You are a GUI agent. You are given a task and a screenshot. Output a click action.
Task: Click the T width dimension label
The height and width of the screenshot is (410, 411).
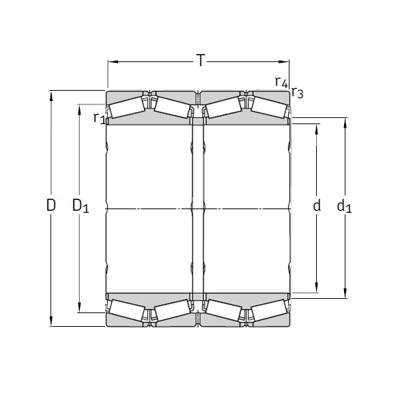coord(200,61)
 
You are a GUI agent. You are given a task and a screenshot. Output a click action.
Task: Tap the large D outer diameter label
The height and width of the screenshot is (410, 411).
coord(51,204)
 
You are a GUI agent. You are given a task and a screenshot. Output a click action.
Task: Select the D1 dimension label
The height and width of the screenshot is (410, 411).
coord(81,205)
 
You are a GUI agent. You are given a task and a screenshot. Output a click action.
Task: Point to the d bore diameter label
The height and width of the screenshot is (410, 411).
coord(317,205)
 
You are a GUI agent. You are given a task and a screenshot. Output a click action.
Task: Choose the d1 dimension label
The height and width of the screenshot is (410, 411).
coord(345,205)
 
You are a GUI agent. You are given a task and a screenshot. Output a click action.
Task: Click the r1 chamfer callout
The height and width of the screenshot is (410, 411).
coord(99,117)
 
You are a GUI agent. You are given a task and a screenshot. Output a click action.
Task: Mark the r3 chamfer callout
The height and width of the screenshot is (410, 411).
coord(298,93)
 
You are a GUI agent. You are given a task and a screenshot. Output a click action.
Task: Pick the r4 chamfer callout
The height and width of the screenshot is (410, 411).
coord(281,82)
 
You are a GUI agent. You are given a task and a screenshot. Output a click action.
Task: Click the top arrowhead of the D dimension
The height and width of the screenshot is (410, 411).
coord(52,94)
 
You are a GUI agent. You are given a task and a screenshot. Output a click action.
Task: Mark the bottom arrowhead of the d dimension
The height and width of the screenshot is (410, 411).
coord(317,288)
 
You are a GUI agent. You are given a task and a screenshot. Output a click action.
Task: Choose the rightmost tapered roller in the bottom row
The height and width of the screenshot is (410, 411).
coord(268,310)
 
